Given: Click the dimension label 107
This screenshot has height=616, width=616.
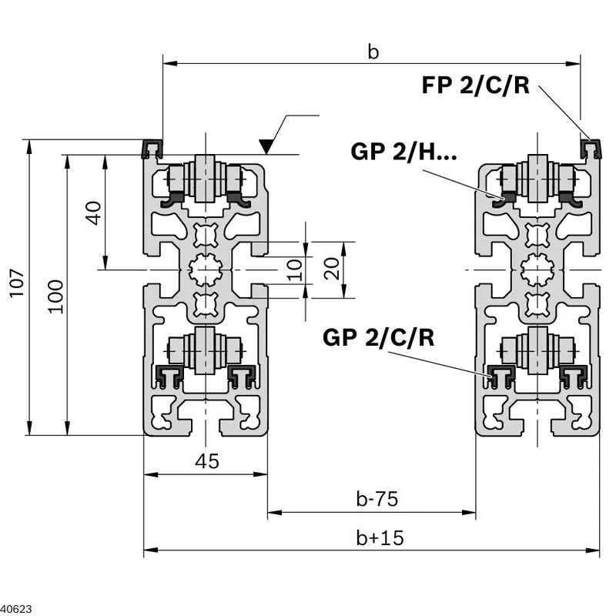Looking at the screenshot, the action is pos(17,283).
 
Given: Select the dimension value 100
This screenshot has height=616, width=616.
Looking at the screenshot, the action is pos(55,296).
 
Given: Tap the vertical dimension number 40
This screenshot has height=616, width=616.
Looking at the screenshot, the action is pos(93,213).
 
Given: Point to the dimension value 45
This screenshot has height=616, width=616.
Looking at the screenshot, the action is pos(207,460).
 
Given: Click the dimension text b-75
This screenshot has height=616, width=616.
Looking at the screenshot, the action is pos(377,498).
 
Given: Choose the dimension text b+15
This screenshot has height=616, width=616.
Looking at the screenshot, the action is pos(380,537).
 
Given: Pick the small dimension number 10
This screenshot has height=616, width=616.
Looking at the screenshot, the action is pos(295,269).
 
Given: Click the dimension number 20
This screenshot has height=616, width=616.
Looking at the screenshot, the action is pos(331,269).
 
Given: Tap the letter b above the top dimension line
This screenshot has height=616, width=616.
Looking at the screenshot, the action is pos(373,52).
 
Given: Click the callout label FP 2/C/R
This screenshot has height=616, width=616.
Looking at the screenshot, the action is pos(475,85).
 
